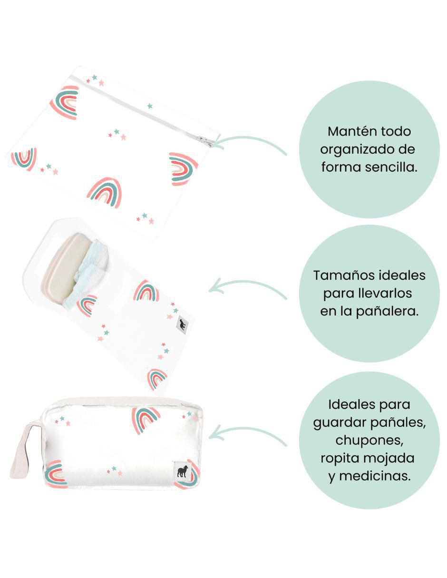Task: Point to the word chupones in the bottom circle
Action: click(369, 441)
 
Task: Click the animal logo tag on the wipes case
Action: click(182, 324)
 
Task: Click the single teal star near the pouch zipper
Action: click(150, 106)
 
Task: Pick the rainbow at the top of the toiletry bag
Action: click(146, 419)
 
